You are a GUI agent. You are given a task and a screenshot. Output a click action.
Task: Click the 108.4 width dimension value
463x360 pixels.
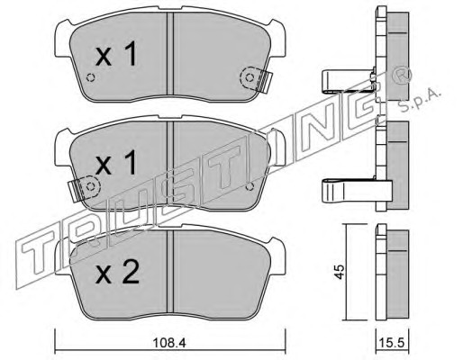[169, 343]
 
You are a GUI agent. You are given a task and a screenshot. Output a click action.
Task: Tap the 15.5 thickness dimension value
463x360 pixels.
[392, 343]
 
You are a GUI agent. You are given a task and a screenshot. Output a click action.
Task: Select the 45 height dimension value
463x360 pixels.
[340, 272]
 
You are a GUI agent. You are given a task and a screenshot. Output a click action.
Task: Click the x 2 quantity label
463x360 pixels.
[117, 272]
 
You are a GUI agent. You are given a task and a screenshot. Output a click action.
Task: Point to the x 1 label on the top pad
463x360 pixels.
[116, 54]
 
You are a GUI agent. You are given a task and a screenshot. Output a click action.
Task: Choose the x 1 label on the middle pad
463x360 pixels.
[116, 163]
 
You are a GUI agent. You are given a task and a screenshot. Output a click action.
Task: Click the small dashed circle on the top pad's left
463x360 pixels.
[90, 77]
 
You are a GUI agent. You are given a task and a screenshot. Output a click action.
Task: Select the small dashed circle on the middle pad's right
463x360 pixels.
[250, 186]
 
